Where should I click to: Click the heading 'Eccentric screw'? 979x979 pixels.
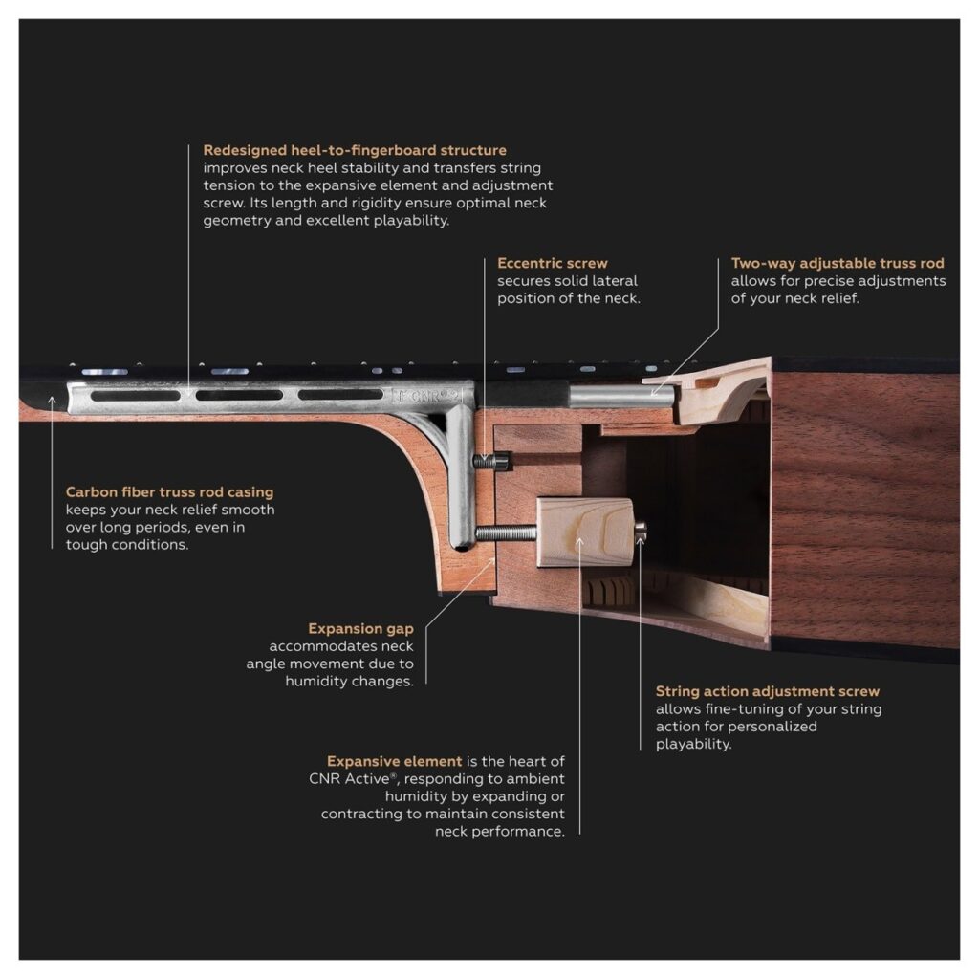click(552, 263)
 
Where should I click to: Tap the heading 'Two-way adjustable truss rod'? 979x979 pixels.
click(838, 263)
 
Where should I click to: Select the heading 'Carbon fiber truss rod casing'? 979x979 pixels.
click(169, 492)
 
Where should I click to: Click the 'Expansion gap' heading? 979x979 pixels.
click(360, 629)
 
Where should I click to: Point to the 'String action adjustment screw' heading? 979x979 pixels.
click(768, 691)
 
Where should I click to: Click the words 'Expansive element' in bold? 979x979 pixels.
click(394, 761)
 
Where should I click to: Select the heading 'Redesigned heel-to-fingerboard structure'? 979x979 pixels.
click(355, 150)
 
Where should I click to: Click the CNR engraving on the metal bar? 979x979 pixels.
click(424, 395)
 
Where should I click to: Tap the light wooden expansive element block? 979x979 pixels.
click(584, 532)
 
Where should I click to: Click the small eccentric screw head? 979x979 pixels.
click(492, 462)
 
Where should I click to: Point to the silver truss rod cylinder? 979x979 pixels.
click(621, 396)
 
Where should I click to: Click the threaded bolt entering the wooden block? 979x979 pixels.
click(507, 533)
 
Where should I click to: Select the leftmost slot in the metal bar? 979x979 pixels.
click(136, 396)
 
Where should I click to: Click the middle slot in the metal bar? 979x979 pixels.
click(239, 395)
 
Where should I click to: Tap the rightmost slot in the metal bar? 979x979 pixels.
click(340, 395)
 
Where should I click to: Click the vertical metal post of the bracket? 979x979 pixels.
click(461, 478)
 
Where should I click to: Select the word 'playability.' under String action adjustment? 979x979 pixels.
click(693, 744)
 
